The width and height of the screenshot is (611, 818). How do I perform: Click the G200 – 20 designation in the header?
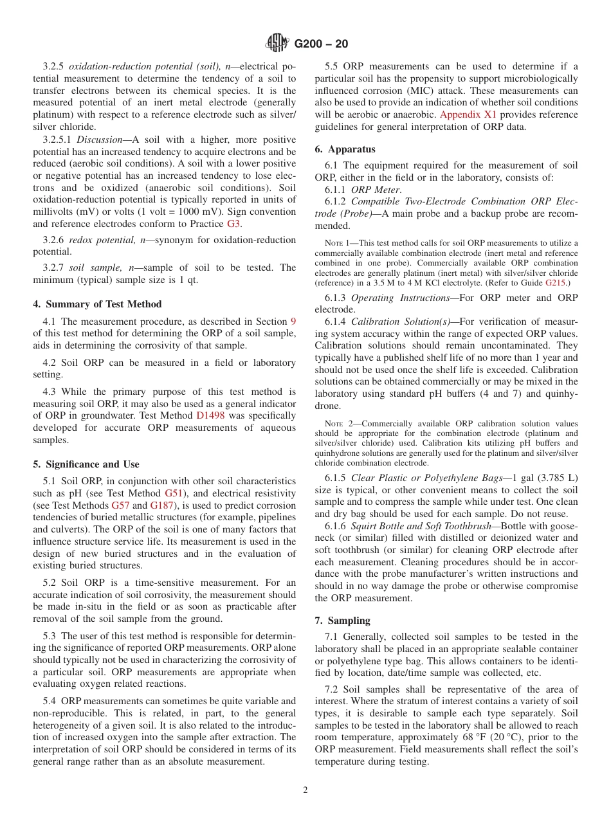(321, 44)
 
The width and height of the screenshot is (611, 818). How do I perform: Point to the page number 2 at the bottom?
(305, 790)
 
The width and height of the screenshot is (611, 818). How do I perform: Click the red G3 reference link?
(234, 224)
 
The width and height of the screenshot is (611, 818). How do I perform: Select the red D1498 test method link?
(210, 415)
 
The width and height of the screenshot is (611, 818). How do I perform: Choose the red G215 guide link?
(558, 282)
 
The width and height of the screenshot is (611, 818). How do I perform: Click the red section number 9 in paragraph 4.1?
(293, 321)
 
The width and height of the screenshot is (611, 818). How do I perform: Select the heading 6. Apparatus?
(345, 149)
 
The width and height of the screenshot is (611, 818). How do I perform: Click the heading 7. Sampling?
(342, 621)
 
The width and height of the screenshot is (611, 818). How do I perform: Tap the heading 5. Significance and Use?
(86, 464)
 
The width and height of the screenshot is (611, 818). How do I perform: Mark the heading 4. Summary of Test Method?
(97, 304)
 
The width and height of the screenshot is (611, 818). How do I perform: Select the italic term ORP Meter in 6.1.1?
(376, 189)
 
